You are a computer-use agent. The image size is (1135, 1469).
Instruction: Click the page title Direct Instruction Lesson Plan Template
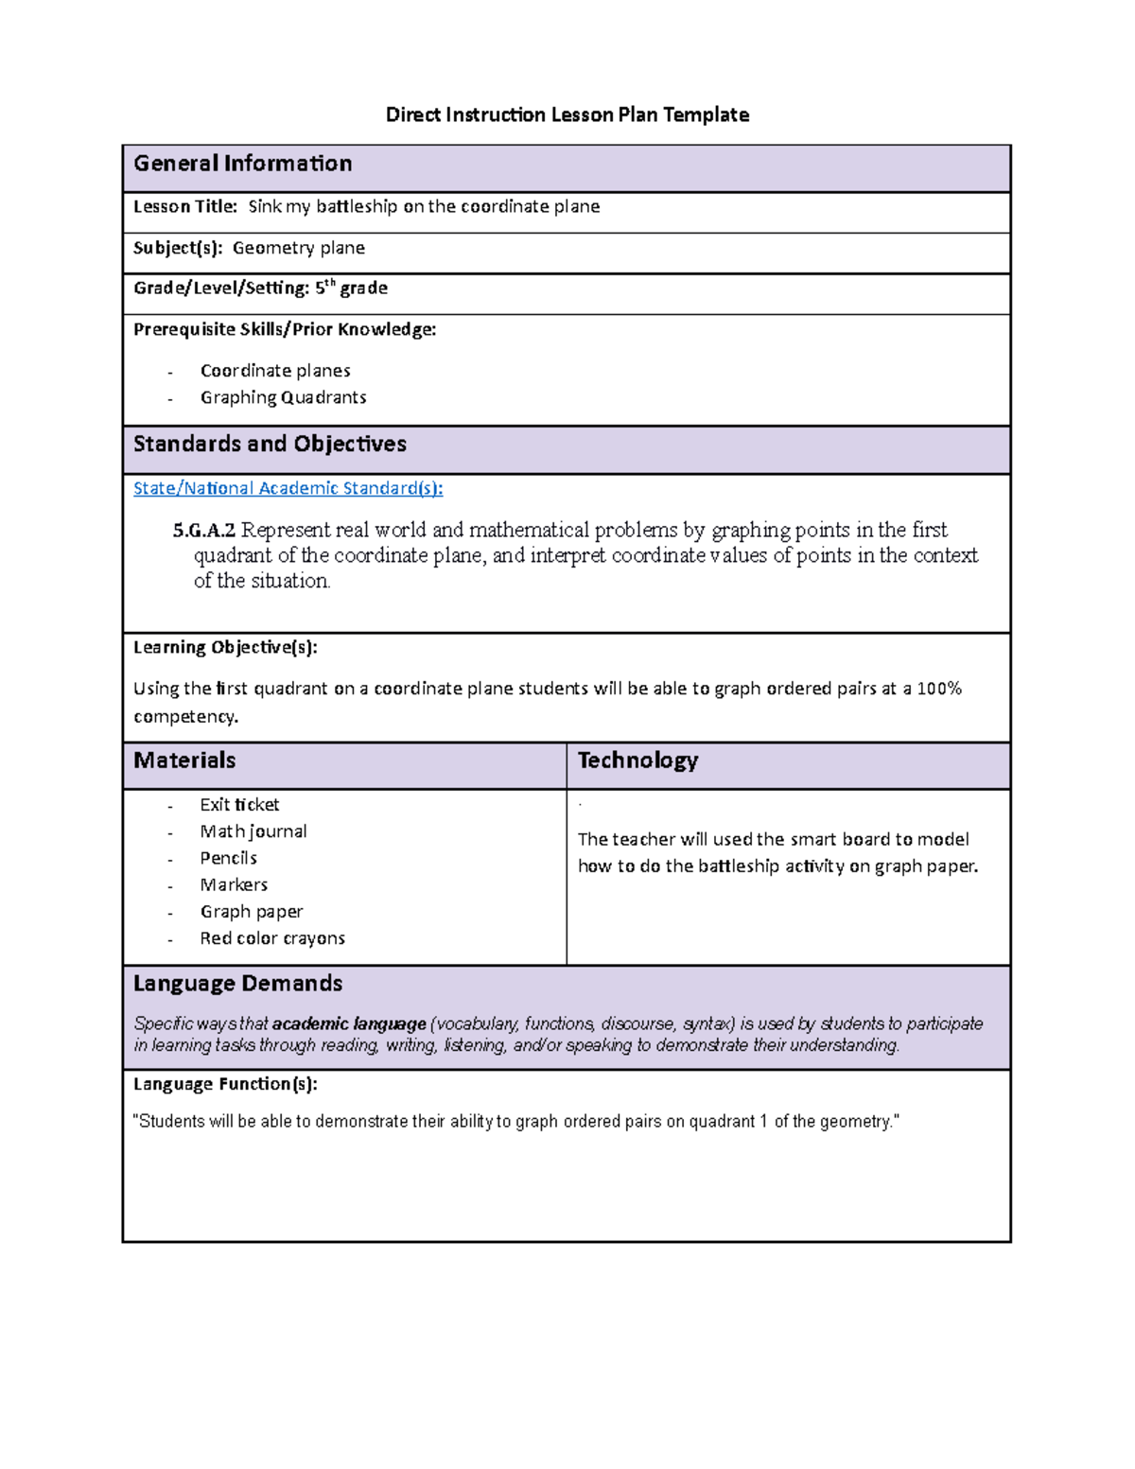(567, 115)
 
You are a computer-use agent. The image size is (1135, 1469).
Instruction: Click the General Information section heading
(242, 164)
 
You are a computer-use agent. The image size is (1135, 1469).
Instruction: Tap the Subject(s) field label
(178, 248)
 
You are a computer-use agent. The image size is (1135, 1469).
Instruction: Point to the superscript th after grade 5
(330, 283)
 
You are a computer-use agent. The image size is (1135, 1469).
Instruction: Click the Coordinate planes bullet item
(275, 371)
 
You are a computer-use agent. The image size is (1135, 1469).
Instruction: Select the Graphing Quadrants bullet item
(283, 397)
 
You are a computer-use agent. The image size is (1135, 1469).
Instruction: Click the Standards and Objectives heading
(270, 445)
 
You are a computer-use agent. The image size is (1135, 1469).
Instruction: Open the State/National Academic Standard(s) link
(288, 488)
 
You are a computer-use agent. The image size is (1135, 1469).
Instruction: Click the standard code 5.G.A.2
(203, 530)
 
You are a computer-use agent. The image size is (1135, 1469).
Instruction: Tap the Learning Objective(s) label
(225, 647)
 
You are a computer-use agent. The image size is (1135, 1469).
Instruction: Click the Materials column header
(184, 761)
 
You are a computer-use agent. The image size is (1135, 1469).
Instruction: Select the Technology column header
(637, 761)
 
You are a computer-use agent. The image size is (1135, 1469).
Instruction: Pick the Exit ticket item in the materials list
(239, 805)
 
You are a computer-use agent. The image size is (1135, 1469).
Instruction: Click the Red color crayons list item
(272, 938)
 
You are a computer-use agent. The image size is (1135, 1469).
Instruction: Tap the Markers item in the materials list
(234, 885)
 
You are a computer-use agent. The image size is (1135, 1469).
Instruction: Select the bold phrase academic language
(349, 1023)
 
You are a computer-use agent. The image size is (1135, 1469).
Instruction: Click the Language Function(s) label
(225, 1084)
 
